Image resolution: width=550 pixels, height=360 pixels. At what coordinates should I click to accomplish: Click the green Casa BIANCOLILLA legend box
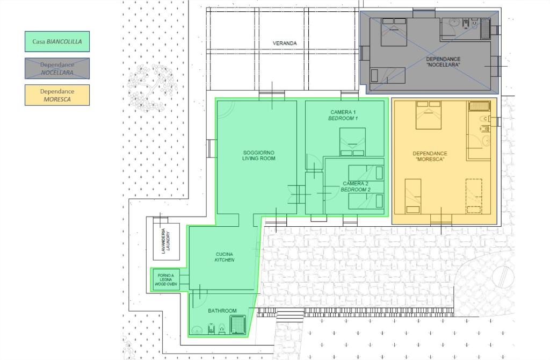pos(57,41)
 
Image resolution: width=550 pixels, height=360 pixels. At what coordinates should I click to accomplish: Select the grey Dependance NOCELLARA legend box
pos(57,68)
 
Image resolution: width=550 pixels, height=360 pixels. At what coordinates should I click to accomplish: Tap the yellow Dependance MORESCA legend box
pos(57,95)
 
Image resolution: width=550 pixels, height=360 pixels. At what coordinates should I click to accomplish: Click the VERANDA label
pos(285,43)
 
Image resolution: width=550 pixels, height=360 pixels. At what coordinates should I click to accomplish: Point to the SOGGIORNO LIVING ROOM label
pos(258,155)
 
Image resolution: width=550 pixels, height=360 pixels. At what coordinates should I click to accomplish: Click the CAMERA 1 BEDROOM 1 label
pos(343,115)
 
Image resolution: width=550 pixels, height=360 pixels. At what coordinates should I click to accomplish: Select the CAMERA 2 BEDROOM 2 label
pos(356,186)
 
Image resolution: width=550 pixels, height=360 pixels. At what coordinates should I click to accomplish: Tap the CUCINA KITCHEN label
pos(225,257)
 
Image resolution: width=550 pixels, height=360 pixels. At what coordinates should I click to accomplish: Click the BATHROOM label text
pos(222,311)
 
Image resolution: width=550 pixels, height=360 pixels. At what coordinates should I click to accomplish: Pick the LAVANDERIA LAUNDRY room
pos(167,241)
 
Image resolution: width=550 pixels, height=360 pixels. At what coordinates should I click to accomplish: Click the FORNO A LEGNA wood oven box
pos(165,279)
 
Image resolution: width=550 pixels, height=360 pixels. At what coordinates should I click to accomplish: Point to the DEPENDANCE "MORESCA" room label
pos(430,156)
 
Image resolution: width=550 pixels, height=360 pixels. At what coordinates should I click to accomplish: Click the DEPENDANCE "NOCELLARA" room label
pos(443,62)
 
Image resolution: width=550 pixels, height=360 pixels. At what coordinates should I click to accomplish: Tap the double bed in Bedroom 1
pos(352,142)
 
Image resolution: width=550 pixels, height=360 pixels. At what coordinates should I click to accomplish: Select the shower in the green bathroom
pos(238,325)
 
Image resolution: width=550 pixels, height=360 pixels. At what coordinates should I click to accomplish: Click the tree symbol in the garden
pos(151,88)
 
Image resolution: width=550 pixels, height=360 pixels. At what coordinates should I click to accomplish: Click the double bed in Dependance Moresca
pos(428,115)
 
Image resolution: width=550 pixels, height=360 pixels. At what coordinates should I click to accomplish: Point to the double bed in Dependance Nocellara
pos(394,32)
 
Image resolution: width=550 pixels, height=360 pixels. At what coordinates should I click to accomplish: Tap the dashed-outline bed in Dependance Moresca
pos(474,196)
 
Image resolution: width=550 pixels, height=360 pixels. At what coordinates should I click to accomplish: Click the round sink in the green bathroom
pos(197,330)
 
